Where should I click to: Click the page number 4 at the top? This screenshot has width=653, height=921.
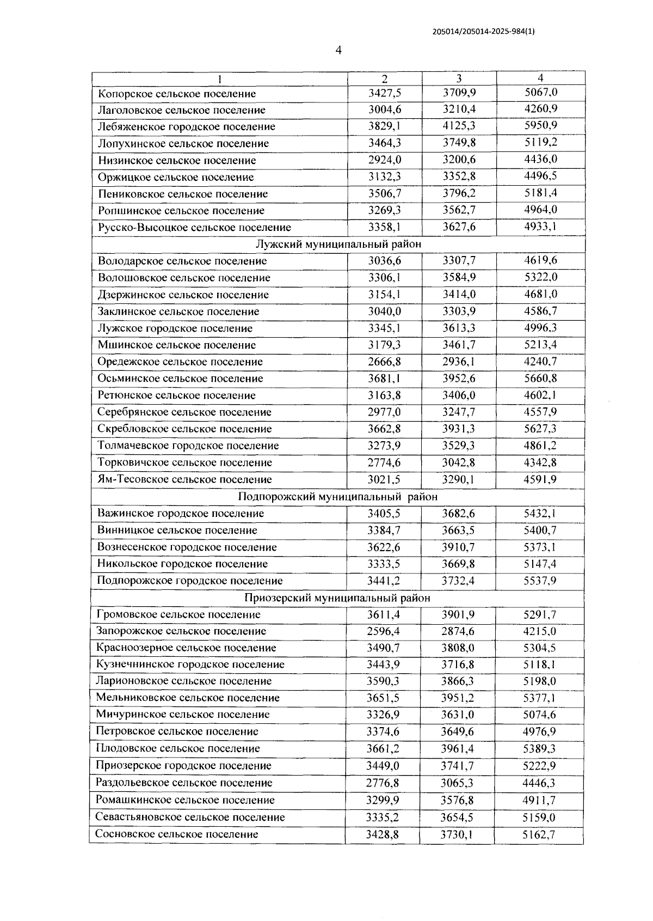coord(339,51)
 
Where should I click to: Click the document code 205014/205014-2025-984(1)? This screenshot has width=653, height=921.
coord(484,32)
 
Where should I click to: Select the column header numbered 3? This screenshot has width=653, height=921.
coord(459,78)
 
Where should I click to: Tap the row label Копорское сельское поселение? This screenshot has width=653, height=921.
coord(177,94)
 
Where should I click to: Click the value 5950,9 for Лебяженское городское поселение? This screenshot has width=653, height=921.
coord(540,126)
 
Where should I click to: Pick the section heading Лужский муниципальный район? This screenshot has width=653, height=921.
coord(338,244)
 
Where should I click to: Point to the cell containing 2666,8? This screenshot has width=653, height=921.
coord(384,362)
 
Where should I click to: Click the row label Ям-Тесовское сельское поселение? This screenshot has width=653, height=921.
coord(184,479)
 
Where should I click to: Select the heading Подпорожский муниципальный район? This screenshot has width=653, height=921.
coord(337,497)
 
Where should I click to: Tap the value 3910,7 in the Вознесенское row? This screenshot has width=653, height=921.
coord(458,547)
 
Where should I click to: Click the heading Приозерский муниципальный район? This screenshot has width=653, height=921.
coord(337,597)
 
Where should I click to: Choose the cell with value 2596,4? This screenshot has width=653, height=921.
coord(383,631)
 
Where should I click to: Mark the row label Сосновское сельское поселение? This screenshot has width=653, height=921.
coord(177,834)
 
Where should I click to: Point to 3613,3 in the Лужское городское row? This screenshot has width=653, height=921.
coord(459,328)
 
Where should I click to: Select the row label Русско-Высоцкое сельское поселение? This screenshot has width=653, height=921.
coord(194,227)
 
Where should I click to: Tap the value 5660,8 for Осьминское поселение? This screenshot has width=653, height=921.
coord(540,379)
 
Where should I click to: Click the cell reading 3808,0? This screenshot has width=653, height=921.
coord(458,648)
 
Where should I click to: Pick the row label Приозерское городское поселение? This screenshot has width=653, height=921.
coord(183,765)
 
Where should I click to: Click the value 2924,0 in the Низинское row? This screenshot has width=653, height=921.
coord(384,160)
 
